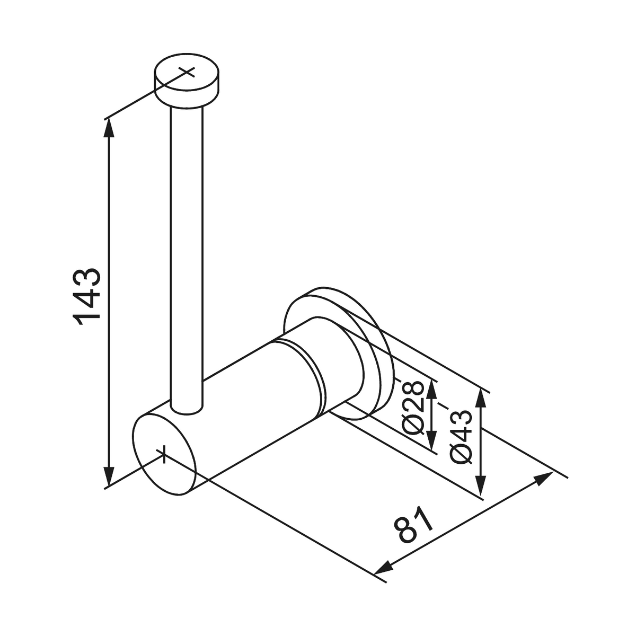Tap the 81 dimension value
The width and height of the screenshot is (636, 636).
click(414, 524)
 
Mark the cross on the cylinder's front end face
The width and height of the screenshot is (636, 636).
click(164, 453)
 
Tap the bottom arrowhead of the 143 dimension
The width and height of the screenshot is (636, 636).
click(109, 476)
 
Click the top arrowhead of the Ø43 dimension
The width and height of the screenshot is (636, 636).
click(481, 397)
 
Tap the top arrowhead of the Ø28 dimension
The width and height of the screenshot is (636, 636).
click(432, 387)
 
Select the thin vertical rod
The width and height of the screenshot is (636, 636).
click(187, 254)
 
